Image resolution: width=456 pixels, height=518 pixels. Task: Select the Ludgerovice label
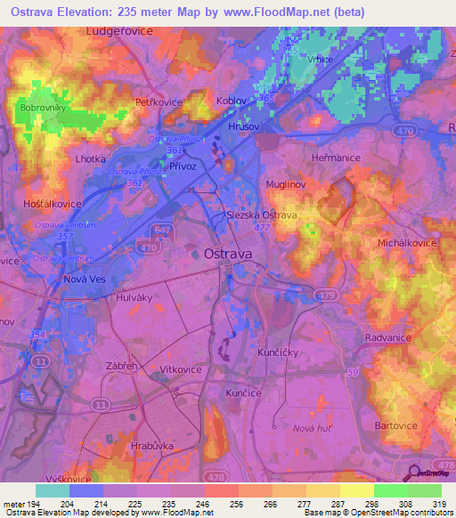pos(120,30)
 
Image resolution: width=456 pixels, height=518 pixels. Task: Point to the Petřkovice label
pos(158,103)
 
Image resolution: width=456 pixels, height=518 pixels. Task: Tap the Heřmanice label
pos(336,158)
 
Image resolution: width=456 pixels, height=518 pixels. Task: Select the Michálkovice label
pos(408,243)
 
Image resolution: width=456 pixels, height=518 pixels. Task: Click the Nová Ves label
pos(85,279)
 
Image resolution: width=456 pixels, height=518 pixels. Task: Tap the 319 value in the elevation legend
pos(436,506)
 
